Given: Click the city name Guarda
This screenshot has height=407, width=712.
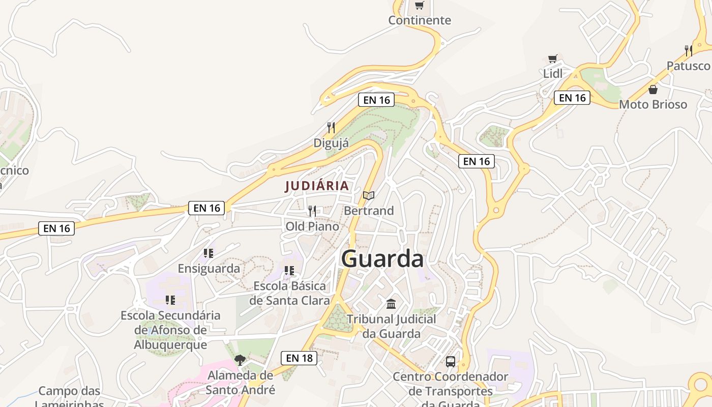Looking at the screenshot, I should coord(382,259).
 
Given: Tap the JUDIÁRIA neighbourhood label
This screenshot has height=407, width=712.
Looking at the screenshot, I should coord(317,186).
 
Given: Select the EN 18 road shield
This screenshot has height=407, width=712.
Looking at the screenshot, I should coord(299,358).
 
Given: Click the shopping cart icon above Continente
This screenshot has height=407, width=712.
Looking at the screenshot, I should coord(419,6).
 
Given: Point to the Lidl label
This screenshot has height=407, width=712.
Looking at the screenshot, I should coord(553,74).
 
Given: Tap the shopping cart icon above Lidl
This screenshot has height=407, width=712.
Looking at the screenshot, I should coord(553,59).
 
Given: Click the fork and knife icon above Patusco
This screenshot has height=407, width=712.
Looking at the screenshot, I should coord(689,50).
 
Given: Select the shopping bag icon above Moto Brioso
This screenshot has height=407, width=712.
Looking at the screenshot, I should coord(653,90).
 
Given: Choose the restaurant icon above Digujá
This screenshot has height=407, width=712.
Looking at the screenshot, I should coord(331,127).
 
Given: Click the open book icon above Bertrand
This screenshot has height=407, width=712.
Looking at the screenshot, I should coord(369,195).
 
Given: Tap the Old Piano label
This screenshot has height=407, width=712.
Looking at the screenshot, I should coord(312,226).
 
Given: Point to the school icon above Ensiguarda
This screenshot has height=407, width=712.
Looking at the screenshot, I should coord(208,253).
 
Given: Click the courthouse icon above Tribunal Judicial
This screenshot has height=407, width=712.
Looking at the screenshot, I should coord(391,304).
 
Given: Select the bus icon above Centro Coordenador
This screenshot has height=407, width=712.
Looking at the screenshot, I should coord(451,362).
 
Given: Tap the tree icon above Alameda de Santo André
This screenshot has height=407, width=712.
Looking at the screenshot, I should coord(240,360).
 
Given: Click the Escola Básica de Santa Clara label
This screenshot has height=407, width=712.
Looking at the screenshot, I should coord(289,293).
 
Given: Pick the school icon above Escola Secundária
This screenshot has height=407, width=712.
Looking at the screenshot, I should coord(170,300).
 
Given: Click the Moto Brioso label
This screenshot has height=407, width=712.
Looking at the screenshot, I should coord(653,105).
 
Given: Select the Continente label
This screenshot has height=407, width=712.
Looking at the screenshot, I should coord(420,20).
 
